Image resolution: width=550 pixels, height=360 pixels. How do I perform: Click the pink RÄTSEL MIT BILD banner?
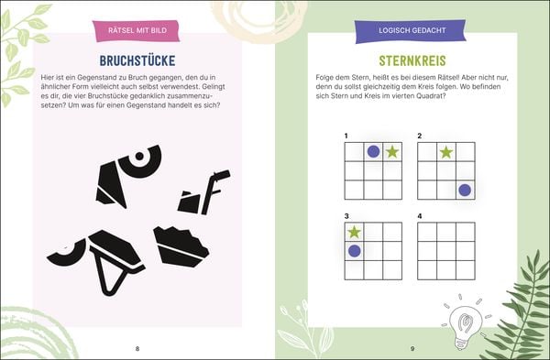click(x=136, y=30)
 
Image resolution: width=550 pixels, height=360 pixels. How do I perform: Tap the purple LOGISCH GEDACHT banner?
click(x=411, y=31)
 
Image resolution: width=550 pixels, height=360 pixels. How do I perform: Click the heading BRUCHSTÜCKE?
click(x=137, y=60)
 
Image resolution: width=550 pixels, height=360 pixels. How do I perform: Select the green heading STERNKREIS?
click(x=412, y=60)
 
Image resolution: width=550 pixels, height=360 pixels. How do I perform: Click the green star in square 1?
click(x=392, y=152)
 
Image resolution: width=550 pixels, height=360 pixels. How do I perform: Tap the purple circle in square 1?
click(x=373, y=152)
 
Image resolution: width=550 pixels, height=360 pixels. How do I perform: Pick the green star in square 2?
click(x=446, y=152)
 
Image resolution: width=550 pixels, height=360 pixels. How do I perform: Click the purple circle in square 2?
click(x=465, y=190)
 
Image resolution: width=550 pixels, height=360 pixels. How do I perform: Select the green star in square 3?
click(x=354, y=232)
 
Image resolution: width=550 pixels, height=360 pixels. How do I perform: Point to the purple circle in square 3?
click(x=354, y=251)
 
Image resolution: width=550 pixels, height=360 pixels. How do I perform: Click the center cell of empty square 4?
click(x=446, y=251)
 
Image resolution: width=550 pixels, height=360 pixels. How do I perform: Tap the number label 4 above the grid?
click(x=420, y=216)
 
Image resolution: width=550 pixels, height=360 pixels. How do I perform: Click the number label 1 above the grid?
click(x=346, y=136)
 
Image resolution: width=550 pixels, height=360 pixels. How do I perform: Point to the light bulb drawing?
click(x=466, y=325)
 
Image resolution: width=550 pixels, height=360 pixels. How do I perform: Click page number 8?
click(x=137, y=348)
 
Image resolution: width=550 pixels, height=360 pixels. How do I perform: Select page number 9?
click(x=412, y=348)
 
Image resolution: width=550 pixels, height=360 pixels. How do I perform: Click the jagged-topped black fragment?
click(x=181, y=246)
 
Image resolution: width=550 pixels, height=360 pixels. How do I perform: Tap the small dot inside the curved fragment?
click(x=139, y=156)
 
